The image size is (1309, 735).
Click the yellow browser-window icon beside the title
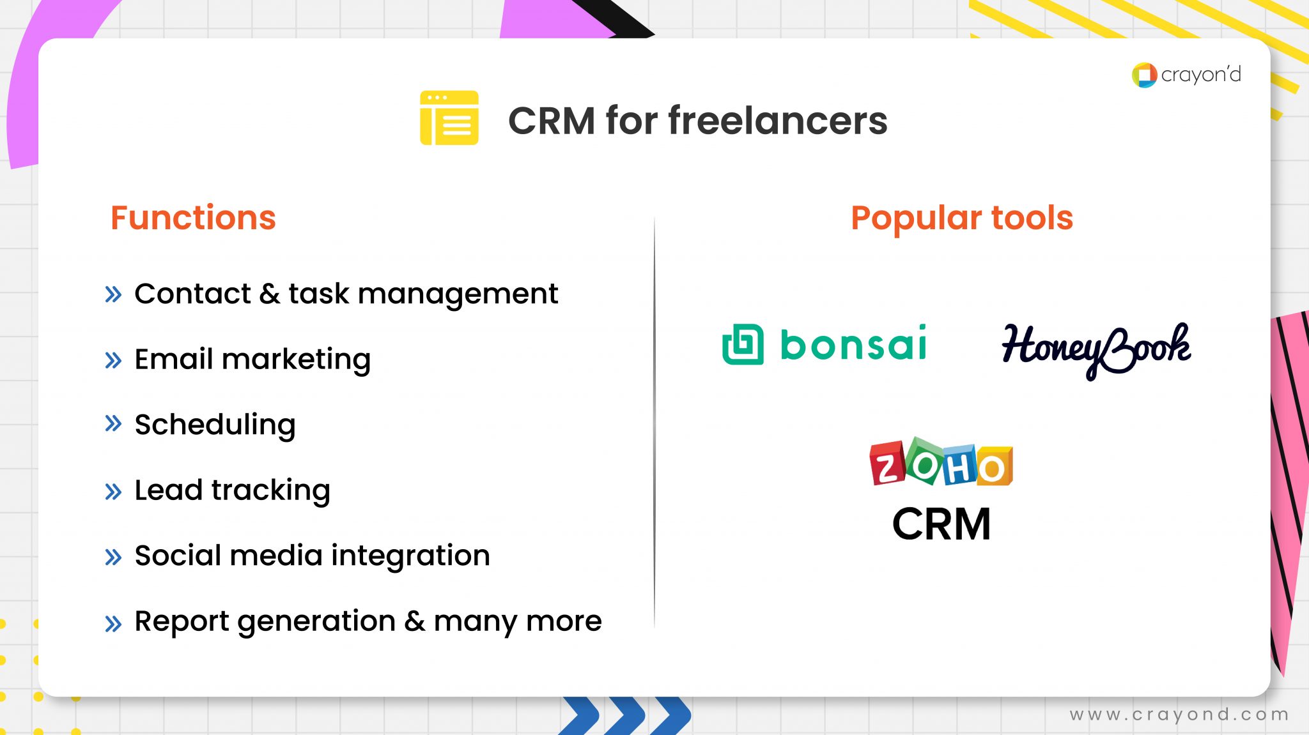click(449, 117)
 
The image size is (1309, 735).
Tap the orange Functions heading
click(193, 218)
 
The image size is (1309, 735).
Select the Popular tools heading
click(961, 218)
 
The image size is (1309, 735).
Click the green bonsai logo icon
click(743, 344)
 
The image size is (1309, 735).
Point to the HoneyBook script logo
click(1096, 348)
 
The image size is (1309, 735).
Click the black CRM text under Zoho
click(941, 524)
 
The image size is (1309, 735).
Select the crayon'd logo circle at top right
click(1143, 75)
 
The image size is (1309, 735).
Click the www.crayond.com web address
click(1179, 714)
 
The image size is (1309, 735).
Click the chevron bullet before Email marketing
click(113, 360)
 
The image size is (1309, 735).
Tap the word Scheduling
click(215, 425)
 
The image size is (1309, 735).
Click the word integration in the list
click(410, 556)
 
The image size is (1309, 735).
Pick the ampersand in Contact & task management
click(269, 294)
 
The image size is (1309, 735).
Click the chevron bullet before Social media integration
click(113, 557)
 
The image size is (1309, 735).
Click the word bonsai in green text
click(853, 344)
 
